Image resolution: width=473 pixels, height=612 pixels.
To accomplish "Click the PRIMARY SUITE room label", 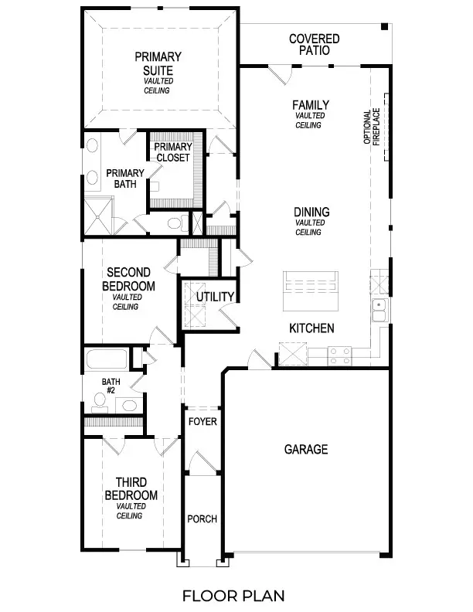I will coord(158,63).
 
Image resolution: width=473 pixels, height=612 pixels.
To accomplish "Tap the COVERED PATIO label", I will coord(315,44).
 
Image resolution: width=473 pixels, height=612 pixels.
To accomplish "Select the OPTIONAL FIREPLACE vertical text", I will coord(373,126).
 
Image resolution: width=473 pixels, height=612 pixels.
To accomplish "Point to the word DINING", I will coord(311,212).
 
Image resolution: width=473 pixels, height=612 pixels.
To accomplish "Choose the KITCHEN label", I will coord(311,328).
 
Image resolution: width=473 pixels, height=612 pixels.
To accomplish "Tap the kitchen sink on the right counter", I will coord(379,310).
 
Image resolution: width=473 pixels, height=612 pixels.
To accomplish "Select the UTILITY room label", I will coord(215,297).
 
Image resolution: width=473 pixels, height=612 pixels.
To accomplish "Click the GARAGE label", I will coord(306,449).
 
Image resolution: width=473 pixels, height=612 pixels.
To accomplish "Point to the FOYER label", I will coord(203,422).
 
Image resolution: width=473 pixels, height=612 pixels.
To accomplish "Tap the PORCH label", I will coord(202,518).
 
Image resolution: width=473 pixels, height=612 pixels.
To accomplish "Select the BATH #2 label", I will coord(111,386).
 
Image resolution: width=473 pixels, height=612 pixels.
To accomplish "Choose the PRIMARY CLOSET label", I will coord(172,152).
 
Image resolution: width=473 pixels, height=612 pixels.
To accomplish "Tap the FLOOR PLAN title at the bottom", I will coord(233,595).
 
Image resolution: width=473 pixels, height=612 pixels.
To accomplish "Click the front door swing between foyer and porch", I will coord(199,464).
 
